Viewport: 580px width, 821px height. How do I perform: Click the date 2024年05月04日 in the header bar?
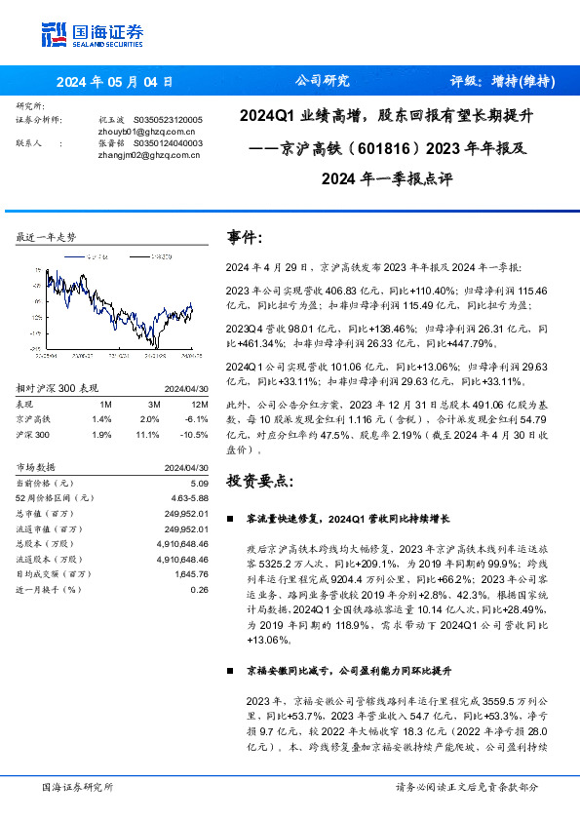[x=115, y=82]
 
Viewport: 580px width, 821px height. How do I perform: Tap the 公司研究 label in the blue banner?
[x=321, y=82]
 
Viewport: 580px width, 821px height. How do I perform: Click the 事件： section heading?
[x=245, y=238]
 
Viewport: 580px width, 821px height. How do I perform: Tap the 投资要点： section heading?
[x=258, y=480]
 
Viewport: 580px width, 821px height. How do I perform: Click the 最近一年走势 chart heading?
[x=47, y=238]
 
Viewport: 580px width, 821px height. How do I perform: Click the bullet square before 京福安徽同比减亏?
[x=230, y=671]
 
